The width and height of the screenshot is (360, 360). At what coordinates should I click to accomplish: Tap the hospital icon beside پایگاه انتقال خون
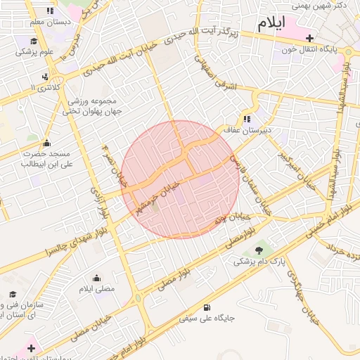(309, 37)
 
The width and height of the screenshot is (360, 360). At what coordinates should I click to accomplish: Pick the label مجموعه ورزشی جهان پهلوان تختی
(93, 105)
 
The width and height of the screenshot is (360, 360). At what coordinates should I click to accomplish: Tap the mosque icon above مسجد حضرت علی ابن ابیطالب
(47, 143)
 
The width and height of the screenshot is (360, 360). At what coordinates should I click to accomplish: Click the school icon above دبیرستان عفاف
(247, 119)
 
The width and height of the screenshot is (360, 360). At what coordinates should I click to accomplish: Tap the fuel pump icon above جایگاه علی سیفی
(206, 307)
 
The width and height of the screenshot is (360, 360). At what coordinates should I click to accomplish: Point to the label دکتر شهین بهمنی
(329, 6)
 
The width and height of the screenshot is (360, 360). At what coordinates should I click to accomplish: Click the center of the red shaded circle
(178, 179)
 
